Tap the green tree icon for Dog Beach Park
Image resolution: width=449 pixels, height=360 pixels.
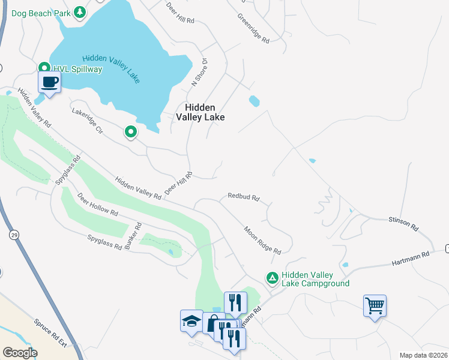pos(79,12)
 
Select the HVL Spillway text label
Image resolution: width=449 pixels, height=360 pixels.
pos(77,69)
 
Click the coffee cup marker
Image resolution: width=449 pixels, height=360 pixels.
pos(49,82)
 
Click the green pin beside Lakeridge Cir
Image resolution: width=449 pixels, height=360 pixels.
pos(130,131)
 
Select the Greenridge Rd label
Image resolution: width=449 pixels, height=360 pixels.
pos(253,28)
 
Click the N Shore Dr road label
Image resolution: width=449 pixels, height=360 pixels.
pos(199,72)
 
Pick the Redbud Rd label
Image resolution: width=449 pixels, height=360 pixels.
pos(243,197)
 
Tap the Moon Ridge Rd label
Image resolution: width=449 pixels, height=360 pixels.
pos(262,239)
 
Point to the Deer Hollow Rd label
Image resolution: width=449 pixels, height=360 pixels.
pos(97,205)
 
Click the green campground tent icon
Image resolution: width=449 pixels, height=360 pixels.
pos(272,278)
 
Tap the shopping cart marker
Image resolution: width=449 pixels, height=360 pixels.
pos(375,306)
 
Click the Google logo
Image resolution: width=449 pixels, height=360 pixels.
pos(20,352)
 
